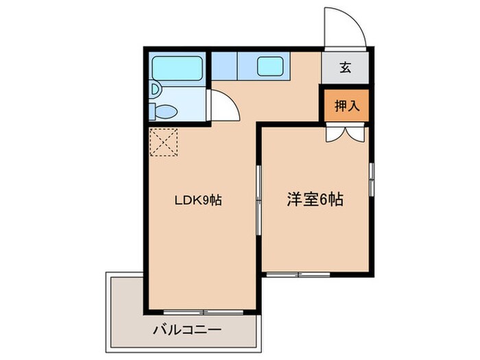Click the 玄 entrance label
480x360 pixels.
[x=346, y=67]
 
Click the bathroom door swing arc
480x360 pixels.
[x=224, y=106]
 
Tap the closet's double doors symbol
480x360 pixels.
[x=346, y=133]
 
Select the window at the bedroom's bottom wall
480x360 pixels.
[x=298, y=274]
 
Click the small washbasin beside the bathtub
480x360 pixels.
[x=155, y=89]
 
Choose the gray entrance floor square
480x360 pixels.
[x=346, y=67]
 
